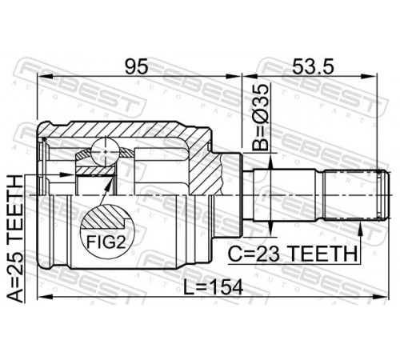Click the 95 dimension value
pyautogui.click(x=136, y=66)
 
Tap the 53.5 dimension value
pyautogui.click(x=313, y=66)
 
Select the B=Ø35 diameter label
pyautogui.click(x=260, y=117)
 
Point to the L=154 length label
pyautogui.click(x=214, y=287)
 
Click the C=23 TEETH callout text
pyautogui.click(x=292, y=254)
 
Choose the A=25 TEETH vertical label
pyautogui.click(x=14, y=239)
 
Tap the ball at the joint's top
pyautogui.click(x=106, y=152)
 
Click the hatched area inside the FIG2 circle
pyautogui.click(x=106, y=216)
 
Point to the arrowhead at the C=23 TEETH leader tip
pyautogui.click(x=360, y=227)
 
